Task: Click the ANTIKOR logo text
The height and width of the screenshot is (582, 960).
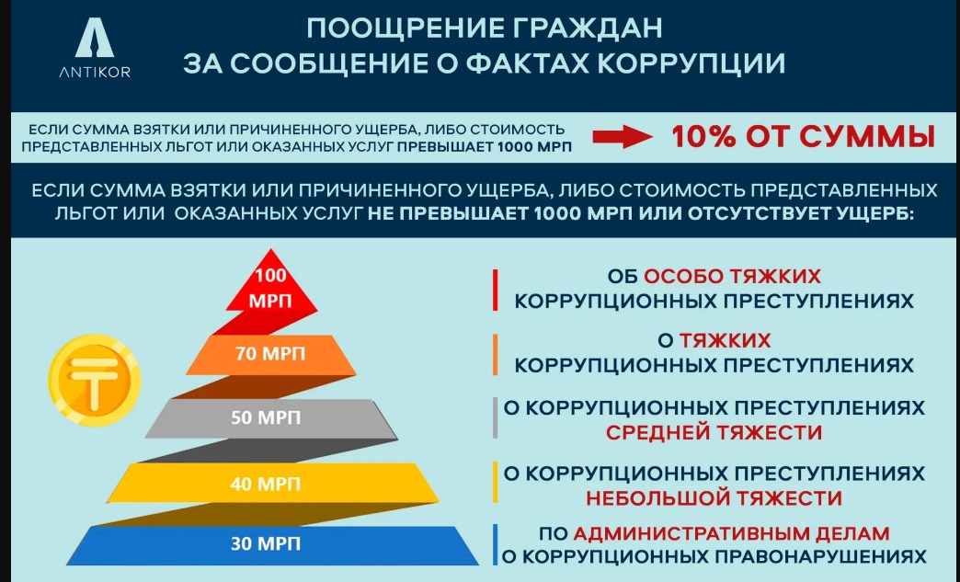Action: pos(95,73)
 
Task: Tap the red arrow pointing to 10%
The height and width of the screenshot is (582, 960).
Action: pos(622,136)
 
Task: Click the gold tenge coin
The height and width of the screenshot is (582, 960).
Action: pos(95,384)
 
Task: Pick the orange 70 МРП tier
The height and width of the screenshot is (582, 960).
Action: pos(270,354)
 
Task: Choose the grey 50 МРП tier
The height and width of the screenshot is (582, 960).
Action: pos(270,418)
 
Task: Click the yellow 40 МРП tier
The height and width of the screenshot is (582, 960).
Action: pos(272,483)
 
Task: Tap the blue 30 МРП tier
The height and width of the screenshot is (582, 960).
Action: pos(272,544)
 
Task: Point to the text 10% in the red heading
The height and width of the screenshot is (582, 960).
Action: pos(703,136)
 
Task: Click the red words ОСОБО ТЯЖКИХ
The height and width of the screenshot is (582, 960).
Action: pos(732,276)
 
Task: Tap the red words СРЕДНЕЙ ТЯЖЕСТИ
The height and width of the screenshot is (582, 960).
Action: pos(714,433)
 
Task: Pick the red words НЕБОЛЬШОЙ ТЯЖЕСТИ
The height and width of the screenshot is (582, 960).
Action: pos(714,497)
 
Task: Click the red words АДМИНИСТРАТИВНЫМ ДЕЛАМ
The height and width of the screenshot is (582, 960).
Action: pos(731,533)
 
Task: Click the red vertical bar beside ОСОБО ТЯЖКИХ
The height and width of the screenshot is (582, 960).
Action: pos(496,290)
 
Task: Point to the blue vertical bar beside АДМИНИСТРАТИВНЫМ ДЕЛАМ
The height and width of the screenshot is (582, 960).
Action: pos(495,544)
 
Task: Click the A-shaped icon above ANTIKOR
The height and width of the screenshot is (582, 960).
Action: pos(95,38)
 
